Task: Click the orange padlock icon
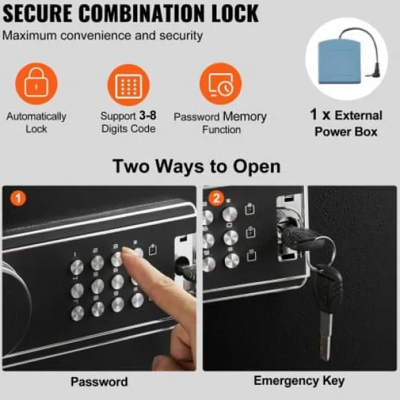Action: point(37,83)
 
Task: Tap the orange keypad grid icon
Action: point(128,85)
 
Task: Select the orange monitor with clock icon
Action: point(221,83)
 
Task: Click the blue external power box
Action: point(339,62)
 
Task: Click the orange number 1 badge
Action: point(18,198)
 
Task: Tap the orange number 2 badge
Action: point(217,198)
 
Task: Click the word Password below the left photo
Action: point(99,381)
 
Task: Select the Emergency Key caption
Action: point(299,381)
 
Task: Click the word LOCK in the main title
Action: point(235,13)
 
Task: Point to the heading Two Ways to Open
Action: point(197,166)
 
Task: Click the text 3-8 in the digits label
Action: point(148,116)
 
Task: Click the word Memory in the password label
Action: point(245,117)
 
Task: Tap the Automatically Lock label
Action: point(37,123)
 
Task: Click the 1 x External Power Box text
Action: point(346,123)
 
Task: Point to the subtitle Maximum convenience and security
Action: point(103,35)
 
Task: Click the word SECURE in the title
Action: point(37,13)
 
